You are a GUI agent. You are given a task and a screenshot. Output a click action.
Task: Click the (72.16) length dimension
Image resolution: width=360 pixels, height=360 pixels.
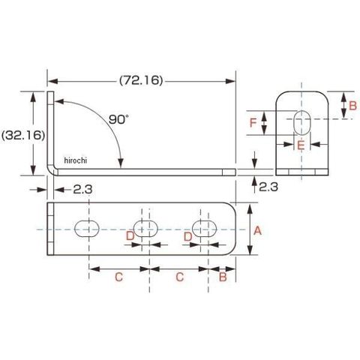[141, 80]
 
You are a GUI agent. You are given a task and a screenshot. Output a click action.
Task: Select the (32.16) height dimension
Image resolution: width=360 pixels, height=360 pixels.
[23, 135]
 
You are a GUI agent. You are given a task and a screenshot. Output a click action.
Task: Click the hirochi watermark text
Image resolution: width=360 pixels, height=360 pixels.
[76, 160]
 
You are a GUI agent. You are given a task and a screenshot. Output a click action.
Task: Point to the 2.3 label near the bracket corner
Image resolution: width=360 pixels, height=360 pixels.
[82, 189]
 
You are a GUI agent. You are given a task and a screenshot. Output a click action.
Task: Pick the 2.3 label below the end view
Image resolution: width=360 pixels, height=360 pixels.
[268, 187]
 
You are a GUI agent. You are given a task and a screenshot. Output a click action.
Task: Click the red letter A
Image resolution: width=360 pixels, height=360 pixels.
[257, 230]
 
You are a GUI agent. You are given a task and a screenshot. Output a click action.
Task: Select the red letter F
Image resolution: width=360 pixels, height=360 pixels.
[253, 123]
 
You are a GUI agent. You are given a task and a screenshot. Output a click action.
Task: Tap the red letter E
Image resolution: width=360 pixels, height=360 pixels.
[301, 145]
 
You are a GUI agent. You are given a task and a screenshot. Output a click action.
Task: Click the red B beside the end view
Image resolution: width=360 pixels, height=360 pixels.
[352, 106]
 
